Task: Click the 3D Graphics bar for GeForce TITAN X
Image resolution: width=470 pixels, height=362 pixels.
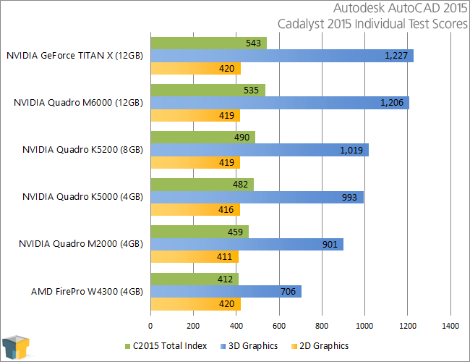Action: pyautogui.click(x=282, y=56)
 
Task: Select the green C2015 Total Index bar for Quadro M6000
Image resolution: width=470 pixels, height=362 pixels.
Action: pyautogui.click(x=208, y=90)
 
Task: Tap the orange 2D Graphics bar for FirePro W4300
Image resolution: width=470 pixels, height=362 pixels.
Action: pyautogui.click(x=195, y=304)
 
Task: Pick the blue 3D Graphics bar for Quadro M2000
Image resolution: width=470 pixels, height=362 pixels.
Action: pyautogui.click(x=247, y=244)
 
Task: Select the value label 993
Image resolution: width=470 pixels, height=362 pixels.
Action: pyautogui.click(x=350, y=197)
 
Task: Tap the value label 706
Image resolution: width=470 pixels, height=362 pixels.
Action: pyautogui.click(x=289, y=291)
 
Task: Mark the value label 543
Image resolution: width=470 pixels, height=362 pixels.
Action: pyautogui.click(x=253, y=43)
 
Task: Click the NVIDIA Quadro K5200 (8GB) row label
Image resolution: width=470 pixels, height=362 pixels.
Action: pyautogui.click(x=82, y=150)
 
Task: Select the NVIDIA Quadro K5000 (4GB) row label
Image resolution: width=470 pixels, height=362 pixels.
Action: pyautogui.click(x=82, y=197)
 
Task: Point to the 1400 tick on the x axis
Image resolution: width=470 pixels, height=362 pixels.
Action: pyautogui.click(x=450, y=326)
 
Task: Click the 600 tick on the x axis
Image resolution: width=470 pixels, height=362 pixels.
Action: pyautogui.click(x=279, y=326)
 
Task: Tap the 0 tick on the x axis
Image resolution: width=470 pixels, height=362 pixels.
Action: pyautogui.click(x=150, y=326)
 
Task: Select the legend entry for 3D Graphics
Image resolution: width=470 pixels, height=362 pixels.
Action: pyautogui.click(x=249, y=346)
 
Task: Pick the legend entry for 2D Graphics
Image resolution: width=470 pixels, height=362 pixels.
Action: pyautogui.click(x=320, y=346)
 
